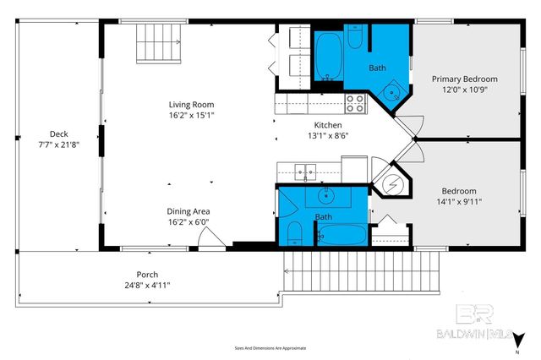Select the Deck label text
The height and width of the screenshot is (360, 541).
pyautogui.click(x=58, y=134)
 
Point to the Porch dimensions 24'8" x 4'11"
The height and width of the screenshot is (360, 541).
pyautogui.click(x=146, y=285)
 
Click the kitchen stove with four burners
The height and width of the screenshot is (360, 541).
pyautogui.click(x=355, y=103)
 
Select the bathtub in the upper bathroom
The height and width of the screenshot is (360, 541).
pyautogui.click(x=329, y=57)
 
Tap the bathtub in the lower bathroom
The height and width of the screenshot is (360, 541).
pyautogui.click(x=342, y=235)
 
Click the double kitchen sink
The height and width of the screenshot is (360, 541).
pyautogui.click(x=305, y=172)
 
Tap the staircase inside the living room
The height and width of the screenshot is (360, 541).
pyautogui.click(x=160, y=42)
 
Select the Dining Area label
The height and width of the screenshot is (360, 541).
pyautogui.click(x=188, y=211)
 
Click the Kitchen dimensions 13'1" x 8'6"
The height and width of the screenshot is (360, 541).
pyautogui.click(x=328, y=134)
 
